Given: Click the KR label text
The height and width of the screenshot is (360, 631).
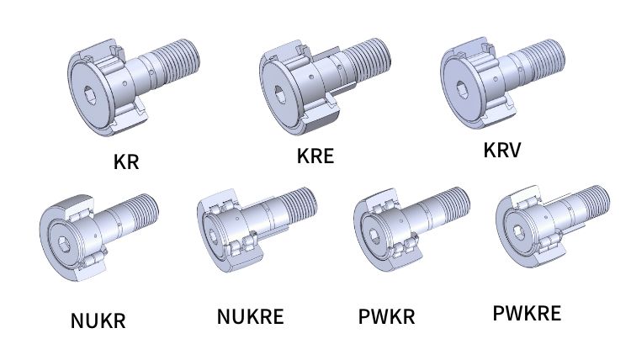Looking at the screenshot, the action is pos(126,162).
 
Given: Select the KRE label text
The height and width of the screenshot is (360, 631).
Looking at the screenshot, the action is pos(315,156).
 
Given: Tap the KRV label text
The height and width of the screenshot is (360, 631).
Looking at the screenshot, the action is pos(501,150).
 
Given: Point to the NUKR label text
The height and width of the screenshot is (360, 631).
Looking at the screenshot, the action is pos(98,320).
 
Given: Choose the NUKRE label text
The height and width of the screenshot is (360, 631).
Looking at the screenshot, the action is pos(251,316).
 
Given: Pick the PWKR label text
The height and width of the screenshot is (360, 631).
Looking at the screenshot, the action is pos(386,316).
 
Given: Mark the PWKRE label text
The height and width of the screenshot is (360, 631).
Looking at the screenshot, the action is pos(527,313).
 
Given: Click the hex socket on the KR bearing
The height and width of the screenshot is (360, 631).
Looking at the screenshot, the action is pos(90,95).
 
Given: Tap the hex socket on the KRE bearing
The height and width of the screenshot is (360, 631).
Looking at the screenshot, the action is pos(279,94).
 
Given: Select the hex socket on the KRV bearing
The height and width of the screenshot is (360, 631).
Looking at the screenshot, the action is pos(462,89).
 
